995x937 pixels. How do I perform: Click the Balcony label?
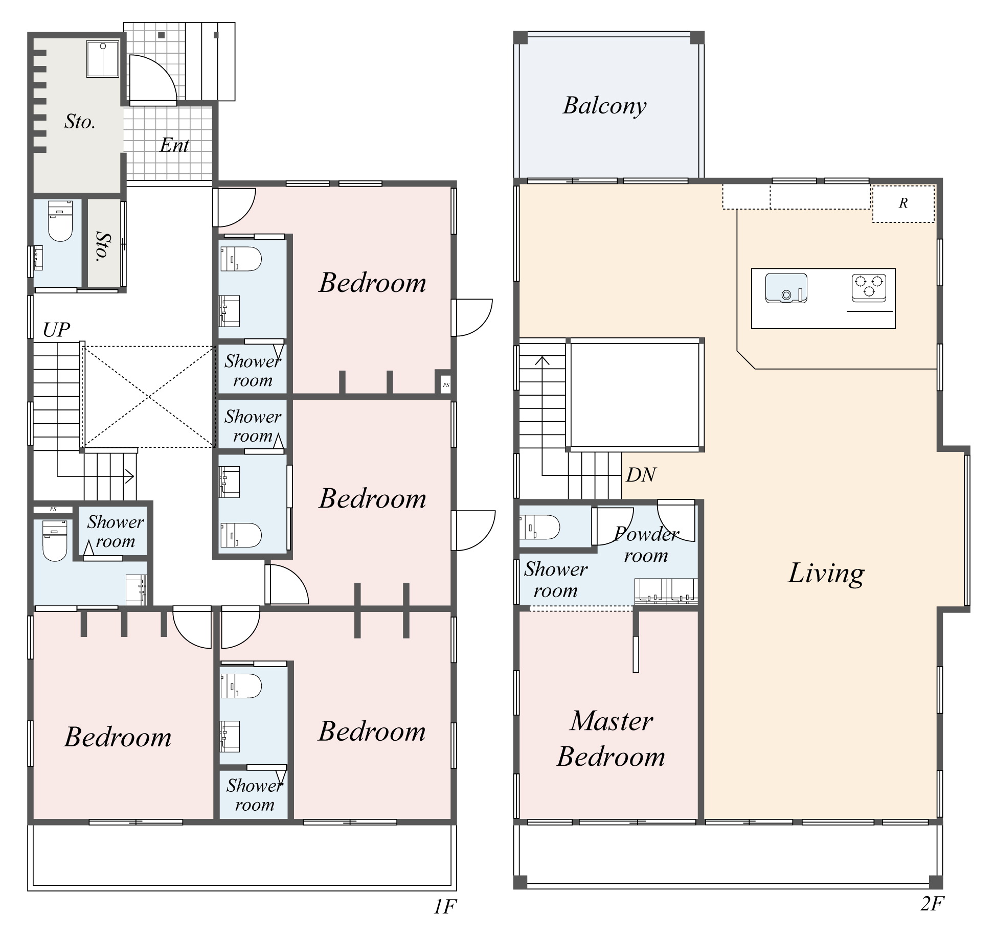click(604, 106)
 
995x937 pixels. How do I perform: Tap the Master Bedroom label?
click(611, 739)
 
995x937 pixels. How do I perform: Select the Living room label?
click(826, 574)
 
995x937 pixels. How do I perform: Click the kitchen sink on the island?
click(786, 288)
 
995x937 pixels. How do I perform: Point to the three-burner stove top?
click(869, 288)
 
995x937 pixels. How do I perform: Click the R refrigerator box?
click(903, 203)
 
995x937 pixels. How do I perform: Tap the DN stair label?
click(641, 475)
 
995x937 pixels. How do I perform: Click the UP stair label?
click(56, 330)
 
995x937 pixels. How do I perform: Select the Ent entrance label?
click(174, 145)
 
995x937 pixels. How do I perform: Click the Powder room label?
click(646, 545)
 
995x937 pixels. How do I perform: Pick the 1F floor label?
click(444, 907)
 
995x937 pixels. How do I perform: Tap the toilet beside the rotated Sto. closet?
click(60, 221)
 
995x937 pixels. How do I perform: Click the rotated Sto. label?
click(103, 246)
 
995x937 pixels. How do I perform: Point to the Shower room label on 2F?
click(556, 580)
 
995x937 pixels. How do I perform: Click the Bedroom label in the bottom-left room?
click(118, 737)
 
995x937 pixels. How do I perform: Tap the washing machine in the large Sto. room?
click(103, 59)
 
